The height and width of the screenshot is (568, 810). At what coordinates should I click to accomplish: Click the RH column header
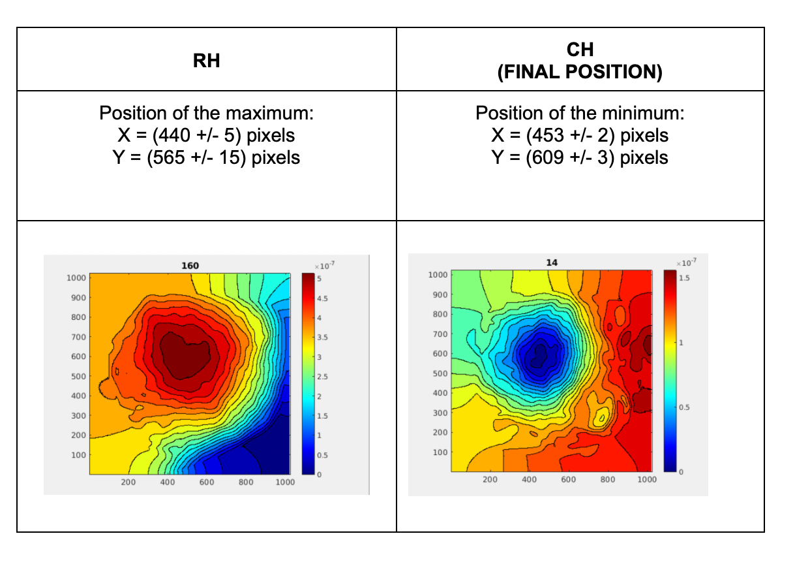click(x=207, y=61)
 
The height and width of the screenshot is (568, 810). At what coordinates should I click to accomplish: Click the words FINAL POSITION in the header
click(x=580, y=72)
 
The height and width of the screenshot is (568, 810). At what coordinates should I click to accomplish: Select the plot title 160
click(x=190, y=266)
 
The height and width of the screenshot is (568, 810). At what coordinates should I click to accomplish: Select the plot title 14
click(x=552, y=263)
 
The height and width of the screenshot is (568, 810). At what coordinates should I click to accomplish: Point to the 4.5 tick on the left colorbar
click(x=323, y=298)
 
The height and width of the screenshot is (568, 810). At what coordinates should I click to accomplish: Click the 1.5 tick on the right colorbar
click(x=684, y=278)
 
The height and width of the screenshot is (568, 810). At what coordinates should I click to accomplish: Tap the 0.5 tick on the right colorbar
click(x=684, y=407)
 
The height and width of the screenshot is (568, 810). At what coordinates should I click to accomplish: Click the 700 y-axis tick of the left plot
click(x=78, y=337)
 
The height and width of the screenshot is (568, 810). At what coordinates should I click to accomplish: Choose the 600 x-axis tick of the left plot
click(x=207, y=482)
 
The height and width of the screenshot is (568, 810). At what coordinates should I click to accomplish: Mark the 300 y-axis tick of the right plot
click(x=440, y=413)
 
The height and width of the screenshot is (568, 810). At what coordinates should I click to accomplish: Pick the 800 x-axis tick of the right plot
click(x=608, y=479)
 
